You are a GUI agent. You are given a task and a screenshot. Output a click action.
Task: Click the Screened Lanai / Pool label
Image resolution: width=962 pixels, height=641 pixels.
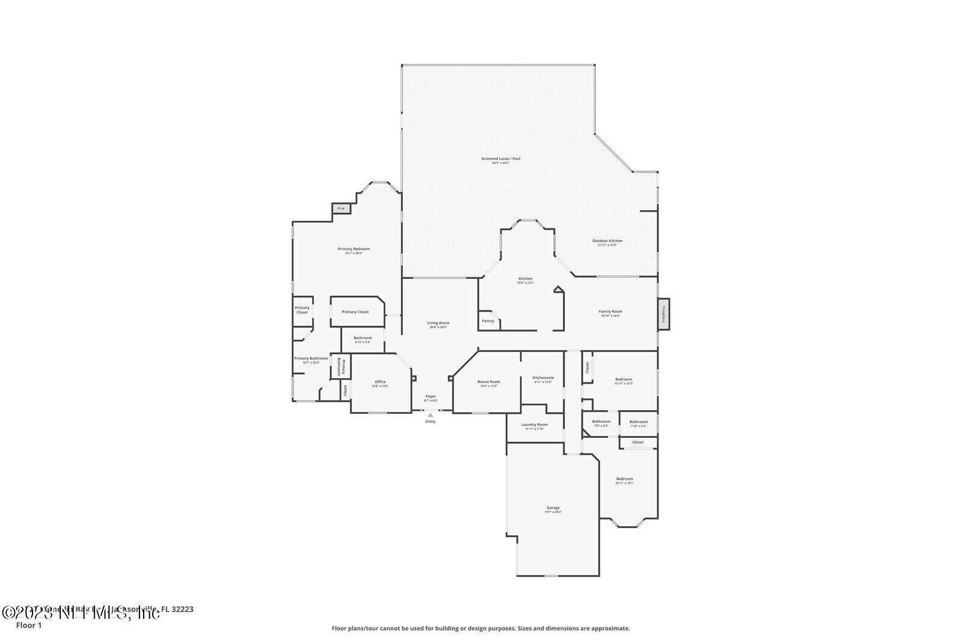tap(500, 159)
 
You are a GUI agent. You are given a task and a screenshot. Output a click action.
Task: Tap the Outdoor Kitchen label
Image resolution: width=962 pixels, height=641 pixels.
tap(607, 241)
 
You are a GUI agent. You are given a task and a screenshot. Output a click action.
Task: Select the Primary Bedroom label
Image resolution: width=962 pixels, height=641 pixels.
tap(354, 249)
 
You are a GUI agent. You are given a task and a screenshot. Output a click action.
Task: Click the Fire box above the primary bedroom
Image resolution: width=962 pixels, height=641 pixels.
tap(341, 208)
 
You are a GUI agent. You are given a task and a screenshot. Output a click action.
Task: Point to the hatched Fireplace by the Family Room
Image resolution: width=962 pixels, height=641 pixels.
tap(664, 314)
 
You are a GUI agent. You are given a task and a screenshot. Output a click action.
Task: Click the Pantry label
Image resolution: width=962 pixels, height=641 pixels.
tap(488, 320)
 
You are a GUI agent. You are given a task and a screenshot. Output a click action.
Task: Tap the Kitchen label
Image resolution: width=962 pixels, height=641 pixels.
tap(525, 278)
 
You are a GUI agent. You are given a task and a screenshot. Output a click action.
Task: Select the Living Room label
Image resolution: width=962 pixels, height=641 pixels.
tap(438, 323)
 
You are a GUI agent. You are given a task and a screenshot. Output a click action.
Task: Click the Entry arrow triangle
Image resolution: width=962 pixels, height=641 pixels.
tap(430, 415)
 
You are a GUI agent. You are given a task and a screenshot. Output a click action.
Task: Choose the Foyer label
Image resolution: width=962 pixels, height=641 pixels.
tap(430, 396)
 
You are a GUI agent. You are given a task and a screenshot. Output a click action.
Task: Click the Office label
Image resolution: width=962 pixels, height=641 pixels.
tap(380, 382)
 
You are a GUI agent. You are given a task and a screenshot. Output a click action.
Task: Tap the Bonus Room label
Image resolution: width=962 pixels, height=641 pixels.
tap(489, 382)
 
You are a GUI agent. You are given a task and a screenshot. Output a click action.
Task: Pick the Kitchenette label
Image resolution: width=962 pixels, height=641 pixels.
tap(543, 378)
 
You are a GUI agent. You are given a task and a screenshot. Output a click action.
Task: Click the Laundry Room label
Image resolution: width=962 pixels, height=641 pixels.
tap(535, 425)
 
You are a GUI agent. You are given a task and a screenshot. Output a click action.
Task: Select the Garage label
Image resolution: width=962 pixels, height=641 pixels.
tap(553, 508)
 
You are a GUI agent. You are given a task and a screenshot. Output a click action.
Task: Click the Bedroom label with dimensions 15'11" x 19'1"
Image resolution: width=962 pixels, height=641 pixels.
tap(624, 479)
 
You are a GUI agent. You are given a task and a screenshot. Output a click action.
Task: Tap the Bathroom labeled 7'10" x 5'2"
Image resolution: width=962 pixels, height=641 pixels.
tap(639, 422)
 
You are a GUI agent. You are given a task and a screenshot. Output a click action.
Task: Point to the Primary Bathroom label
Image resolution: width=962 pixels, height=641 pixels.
tap(311, 358)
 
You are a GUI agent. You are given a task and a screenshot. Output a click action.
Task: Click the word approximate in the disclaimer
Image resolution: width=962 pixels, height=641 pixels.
tap(612, 628)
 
